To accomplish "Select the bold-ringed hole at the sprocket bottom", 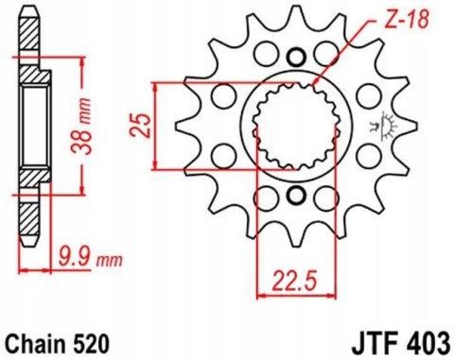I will coord(294,197).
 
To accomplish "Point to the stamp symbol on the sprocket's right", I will coord(383,124).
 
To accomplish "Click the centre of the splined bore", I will coord(294,126).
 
